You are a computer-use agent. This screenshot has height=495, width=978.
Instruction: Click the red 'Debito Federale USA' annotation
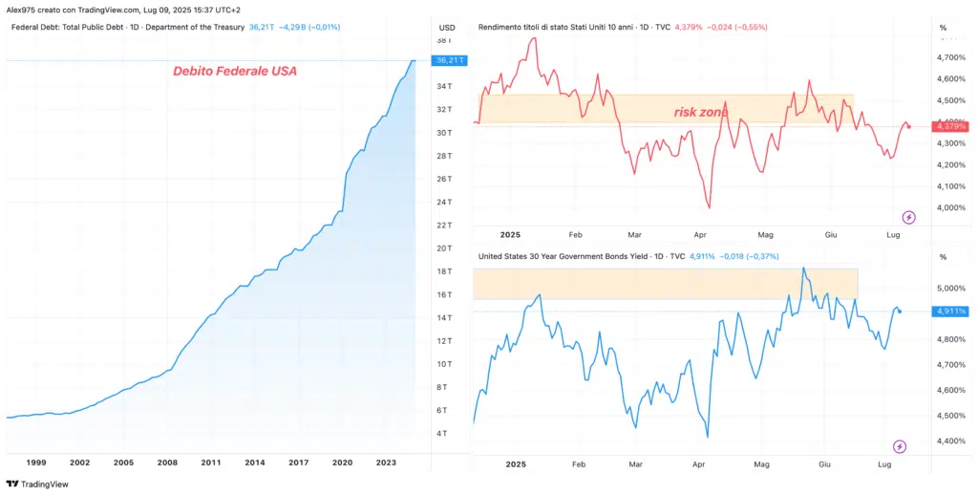click(234, 71)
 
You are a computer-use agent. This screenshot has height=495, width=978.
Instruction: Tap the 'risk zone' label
click(701, 113)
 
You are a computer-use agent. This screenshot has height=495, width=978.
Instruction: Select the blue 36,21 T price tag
click(449, 60)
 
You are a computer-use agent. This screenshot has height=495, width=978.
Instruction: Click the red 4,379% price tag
click(951, 125)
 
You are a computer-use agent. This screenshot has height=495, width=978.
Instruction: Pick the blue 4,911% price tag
click(951, 311)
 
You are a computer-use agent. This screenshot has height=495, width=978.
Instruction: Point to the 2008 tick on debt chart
click(167, 463)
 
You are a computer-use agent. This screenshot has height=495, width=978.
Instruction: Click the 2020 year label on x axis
click(342, 463)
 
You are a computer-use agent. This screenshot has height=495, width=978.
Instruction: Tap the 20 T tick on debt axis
click(443, 248)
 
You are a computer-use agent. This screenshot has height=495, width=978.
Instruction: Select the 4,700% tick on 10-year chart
click(951, 57)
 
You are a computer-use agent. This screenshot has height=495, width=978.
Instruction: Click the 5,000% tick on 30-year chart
click(951, 288)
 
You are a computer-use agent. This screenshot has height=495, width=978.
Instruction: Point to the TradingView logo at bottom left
click(38, 484)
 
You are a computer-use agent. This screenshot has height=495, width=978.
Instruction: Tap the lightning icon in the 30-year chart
click(900, 446)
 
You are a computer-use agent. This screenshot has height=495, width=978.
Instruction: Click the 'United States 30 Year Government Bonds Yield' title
click(563, 256)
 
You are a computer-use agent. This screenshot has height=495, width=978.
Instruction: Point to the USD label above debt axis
click(447, 27)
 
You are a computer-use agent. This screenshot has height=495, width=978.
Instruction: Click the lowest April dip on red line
click(709, 206)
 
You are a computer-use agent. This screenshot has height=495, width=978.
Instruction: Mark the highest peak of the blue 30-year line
click(804, 269)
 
